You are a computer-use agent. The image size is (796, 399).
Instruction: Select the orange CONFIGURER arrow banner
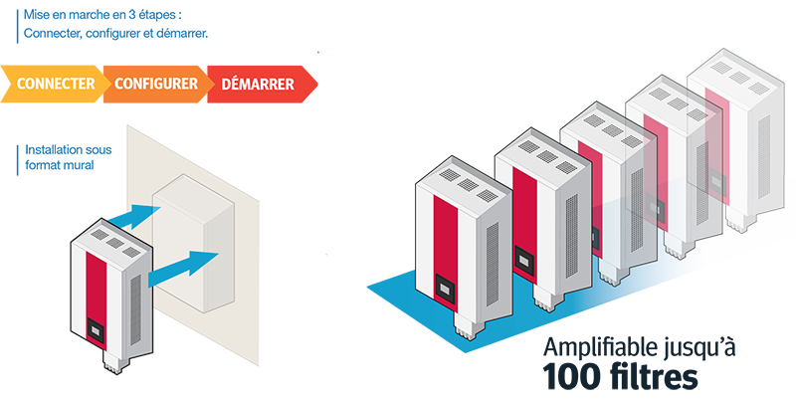(x=156, y=84)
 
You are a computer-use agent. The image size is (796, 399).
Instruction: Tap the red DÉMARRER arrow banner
(x=260, y=84)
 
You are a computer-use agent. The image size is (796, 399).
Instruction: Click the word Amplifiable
(x=601, y=348)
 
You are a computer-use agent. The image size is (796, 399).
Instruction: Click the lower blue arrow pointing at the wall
(x=184, y=267)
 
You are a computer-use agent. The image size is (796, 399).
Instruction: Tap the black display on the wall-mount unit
(x=96, y=331)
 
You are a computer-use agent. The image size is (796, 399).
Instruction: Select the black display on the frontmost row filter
(x=445, y=289)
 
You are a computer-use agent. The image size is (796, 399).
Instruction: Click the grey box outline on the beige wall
(x=194, y=243)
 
